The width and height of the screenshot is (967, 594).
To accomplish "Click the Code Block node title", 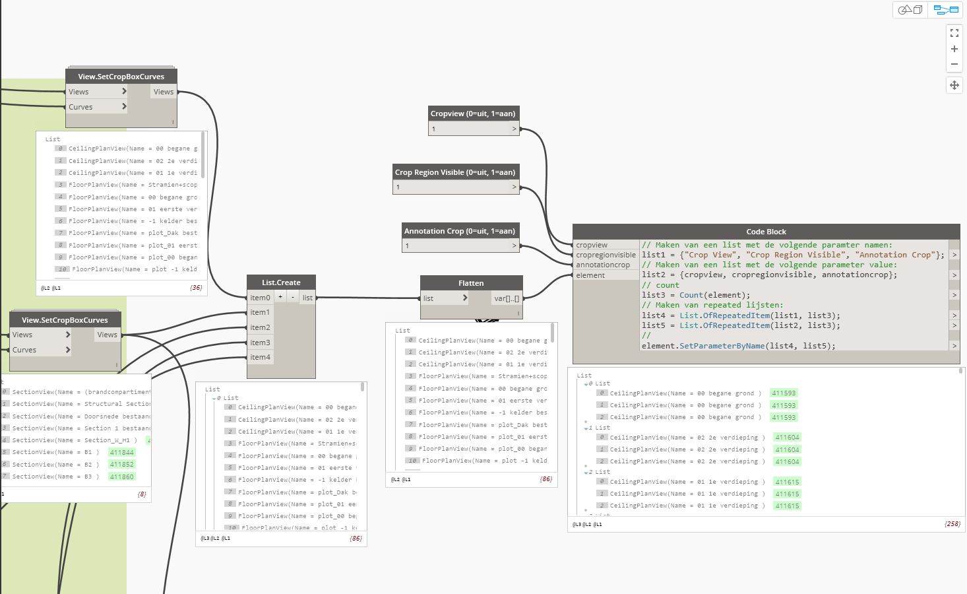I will click(x=766, y=232).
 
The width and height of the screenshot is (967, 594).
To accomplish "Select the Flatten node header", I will click(x=471, y=283).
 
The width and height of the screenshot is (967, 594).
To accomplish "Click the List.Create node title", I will click(x=281, y=282).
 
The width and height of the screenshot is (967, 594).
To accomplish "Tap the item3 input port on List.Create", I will click(x=260, y=343).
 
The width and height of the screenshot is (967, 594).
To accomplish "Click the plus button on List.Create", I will click(x=280, y=297).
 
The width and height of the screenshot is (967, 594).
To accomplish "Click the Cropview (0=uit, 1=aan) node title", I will click(x=473, y=114).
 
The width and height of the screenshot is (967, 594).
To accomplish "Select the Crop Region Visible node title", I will click(x=455, y=172).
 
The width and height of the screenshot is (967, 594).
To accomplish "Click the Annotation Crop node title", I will click(x=460, y=231).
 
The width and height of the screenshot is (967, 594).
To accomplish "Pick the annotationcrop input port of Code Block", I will click(x=603, y=265).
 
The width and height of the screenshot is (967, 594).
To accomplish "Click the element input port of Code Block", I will click(x=590, y=275).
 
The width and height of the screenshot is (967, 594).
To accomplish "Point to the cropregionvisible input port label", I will click(x=606, y=255).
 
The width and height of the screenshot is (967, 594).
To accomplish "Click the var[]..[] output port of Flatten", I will click(x=507, y=298).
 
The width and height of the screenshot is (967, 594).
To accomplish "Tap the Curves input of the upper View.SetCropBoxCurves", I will click(x=81, y=107).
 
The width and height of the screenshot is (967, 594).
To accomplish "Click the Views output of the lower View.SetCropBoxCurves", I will click(x=107, y=335).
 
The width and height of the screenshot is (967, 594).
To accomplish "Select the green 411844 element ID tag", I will click(x=121, y=453).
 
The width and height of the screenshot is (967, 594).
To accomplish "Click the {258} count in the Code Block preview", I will click(x=952, y=524).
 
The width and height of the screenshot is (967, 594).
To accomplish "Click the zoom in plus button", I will click(x=954, y=49).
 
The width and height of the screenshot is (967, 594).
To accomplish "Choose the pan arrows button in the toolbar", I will click(x=954, y=85).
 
